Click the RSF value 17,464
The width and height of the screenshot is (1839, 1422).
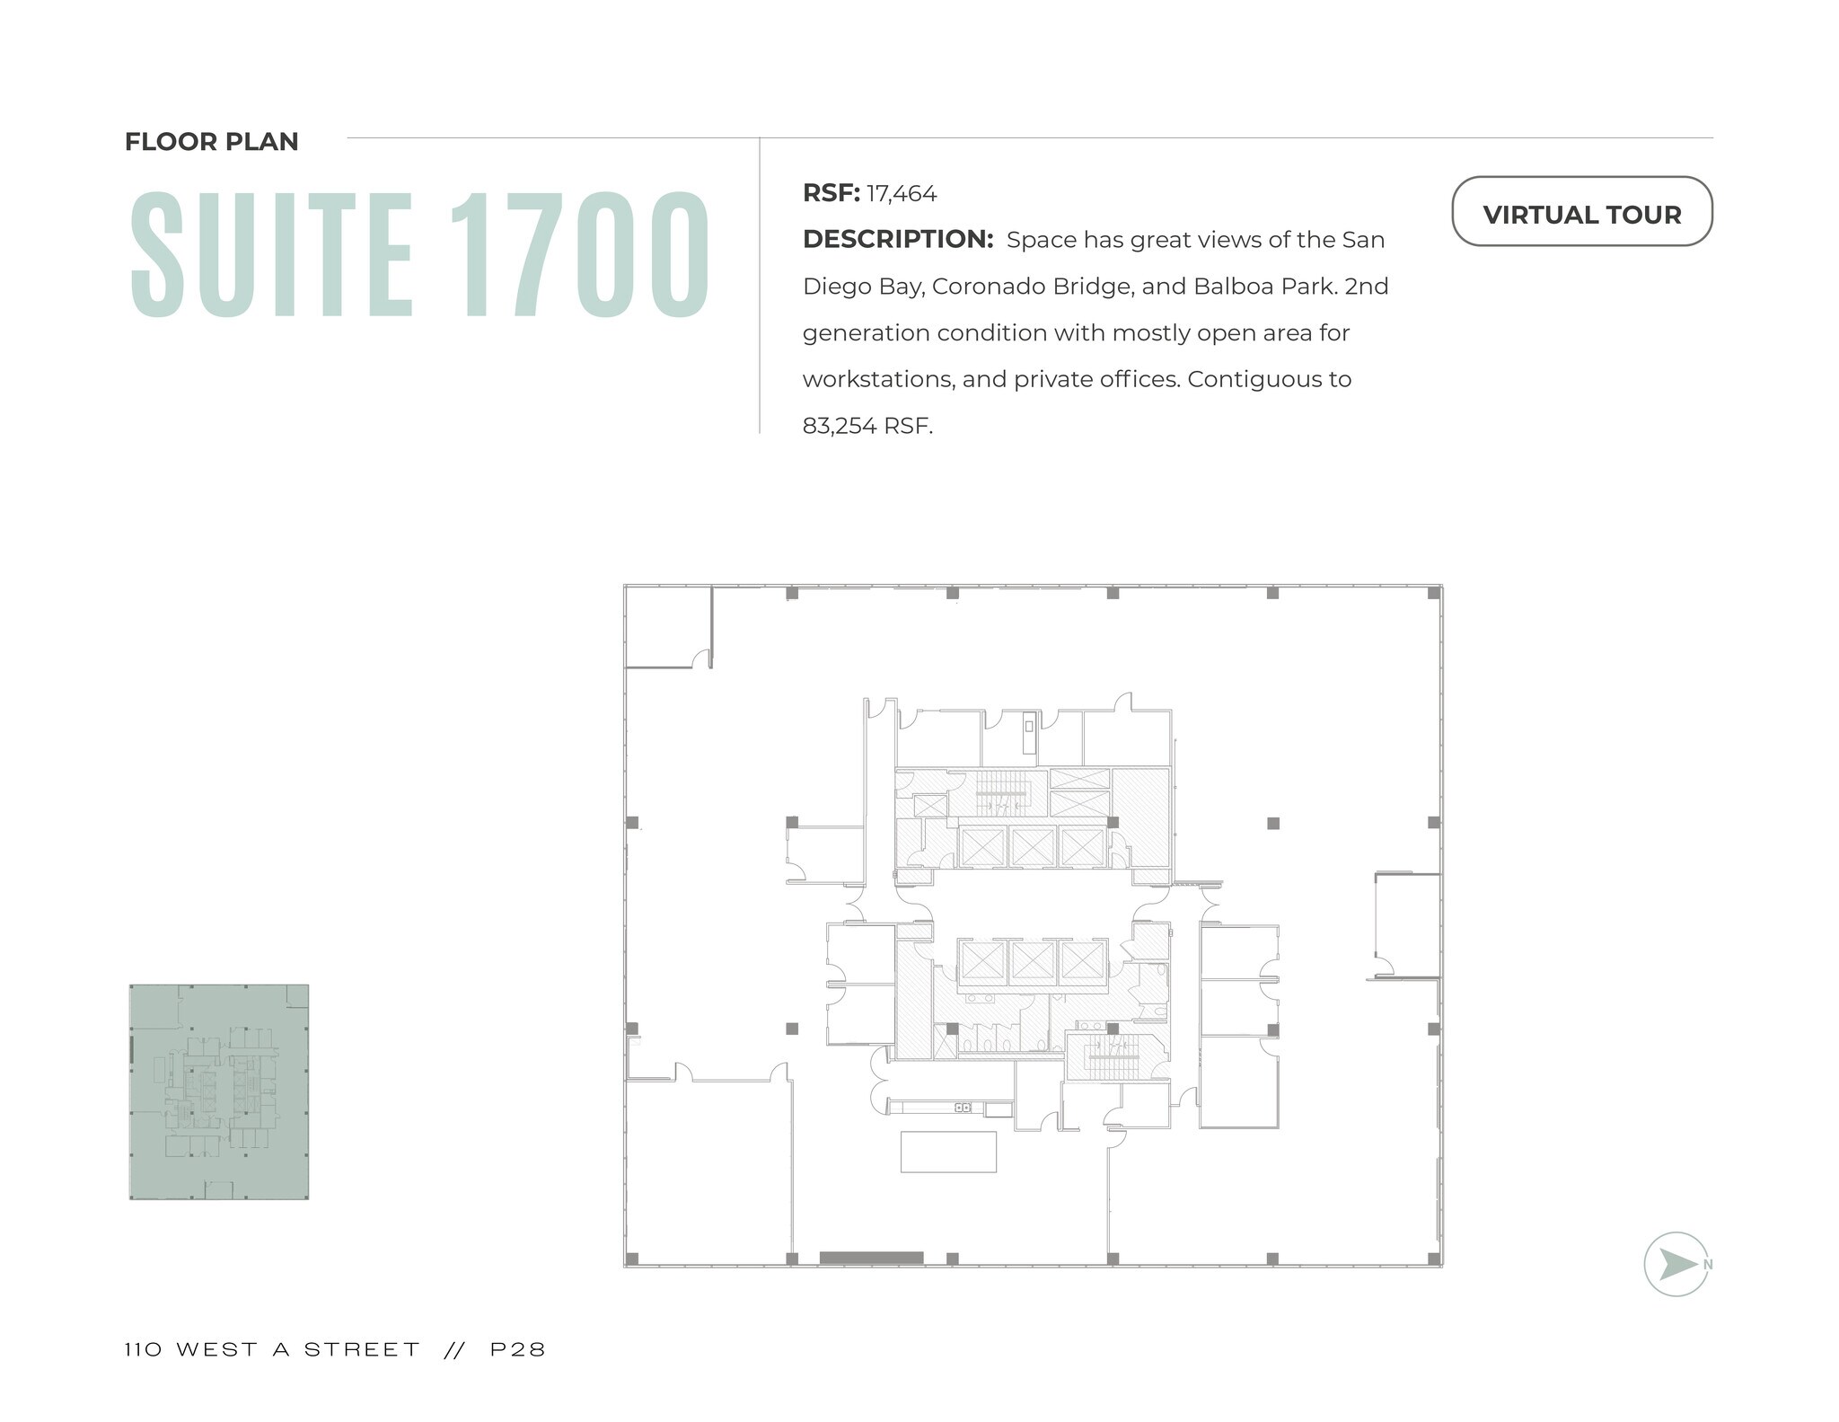click(901, 194)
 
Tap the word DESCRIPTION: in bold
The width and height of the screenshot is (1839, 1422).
click(897, 240)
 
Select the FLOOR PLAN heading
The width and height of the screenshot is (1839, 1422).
click(211, 142)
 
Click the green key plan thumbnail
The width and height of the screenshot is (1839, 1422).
click(219, 1091)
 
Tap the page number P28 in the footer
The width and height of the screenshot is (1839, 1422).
click(518, 1349)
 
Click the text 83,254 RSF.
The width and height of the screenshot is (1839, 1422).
click(867, 426)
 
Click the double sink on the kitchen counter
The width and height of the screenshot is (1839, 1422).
click(962, 1108)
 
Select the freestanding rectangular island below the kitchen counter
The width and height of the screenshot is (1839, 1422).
click(948, 1152)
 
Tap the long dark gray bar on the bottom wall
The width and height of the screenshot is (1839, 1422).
click(871, 1258)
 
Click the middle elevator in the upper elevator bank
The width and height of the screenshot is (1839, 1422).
click(1032, 846)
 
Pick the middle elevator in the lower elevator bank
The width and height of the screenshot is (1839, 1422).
click(1032, 960)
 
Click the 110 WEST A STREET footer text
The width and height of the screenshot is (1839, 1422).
click(272, 1349)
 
